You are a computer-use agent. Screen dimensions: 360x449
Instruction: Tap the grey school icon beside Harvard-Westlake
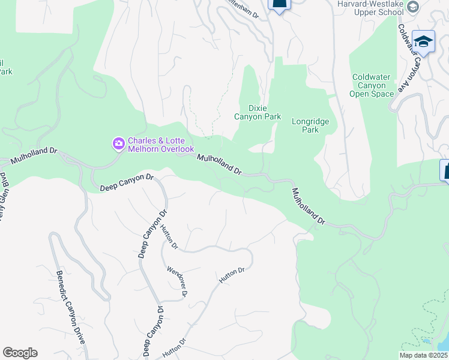pyautogui.click(x=412, y=7)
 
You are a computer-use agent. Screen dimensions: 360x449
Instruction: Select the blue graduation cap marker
pyautogui.click(x=423, y=41)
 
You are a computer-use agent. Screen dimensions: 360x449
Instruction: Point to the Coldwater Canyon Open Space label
pyautogui.click(x=372, y=85)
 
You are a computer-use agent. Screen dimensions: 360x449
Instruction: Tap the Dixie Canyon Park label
pyautogui.click(x=257, y=112)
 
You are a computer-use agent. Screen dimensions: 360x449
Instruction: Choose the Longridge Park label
pyautogui.click(x=310, y=125)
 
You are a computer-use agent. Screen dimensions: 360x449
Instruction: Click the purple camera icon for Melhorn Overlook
pyautogui.click(x=118, y=143)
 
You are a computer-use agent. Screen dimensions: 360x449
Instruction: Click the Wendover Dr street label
pyautogui.click(x=177, y=281)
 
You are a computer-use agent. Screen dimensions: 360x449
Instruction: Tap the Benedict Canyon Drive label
pyautogui.click(x=71, y=306)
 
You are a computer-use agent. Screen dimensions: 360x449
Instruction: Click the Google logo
pyautogui.click(x=20, y=353)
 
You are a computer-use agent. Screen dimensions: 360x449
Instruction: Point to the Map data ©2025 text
pyautogui.click(x=423, y=355)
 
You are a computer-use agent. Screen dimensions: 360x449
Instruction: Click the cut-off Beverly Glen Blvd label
pyautogui.click(x=5, y=197)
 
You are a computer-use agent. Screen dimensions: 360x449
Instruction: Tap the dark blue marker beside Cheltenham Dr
pyautogui.click(x=279, y=5)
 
